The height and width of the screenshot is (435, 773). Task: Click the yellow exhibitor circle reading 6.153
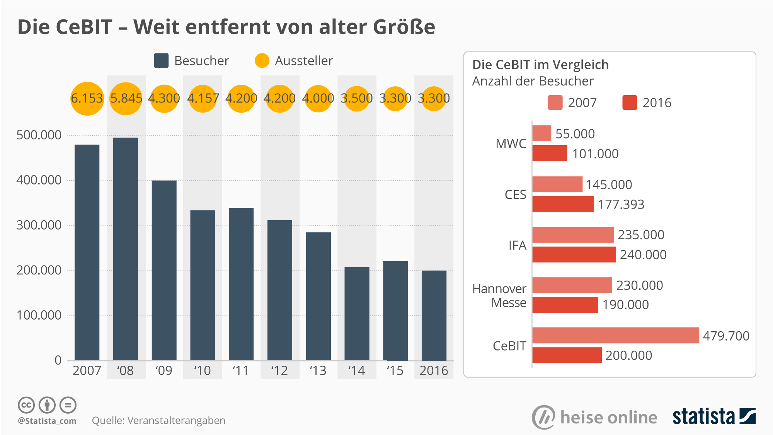(x=87, y=98)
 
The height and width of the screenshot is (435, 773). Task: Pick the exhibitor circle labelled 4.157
(x=203, y=98)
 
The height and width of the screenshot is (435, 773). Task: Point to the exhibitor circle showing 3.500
(x=356, y=98)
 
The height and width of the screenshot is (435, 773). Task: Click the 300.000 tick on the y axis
(x=39, y=225)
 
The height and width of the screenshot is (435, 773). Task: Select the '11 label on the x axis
(x=240, y=371)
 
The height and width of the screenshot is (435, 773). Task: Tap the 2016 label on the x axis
(x=434, y=371)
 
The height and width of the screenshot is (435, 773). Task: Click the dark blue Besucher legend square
(x=161, y=61)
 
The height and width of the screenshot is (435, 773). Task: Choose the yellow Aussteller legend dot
(x=262, y=61)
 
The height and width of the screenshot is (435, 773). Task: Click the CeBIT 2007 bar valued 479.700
(x=615, y=335)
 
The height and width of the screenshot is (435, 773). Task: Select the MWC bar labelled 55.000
(x=541, y=133)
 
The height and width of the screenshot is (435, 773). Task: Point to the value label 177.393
(x=621, y=204)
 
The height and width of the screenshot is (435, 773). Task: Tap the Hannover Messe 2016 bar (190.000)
(x=565, y=305)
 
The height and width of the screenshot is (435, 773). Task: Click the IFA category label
(x=517, y=245)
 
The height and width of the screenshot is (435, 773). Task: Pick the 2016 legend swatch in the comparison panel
(x=630, y=103)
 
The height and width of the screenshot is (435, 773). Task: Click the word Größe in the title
(x=404, y=27)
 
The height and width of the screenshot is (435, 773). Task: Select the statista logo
(x=714, y=417)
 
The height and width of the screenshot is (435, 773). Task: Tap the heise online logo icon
(x=543, y=417)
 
